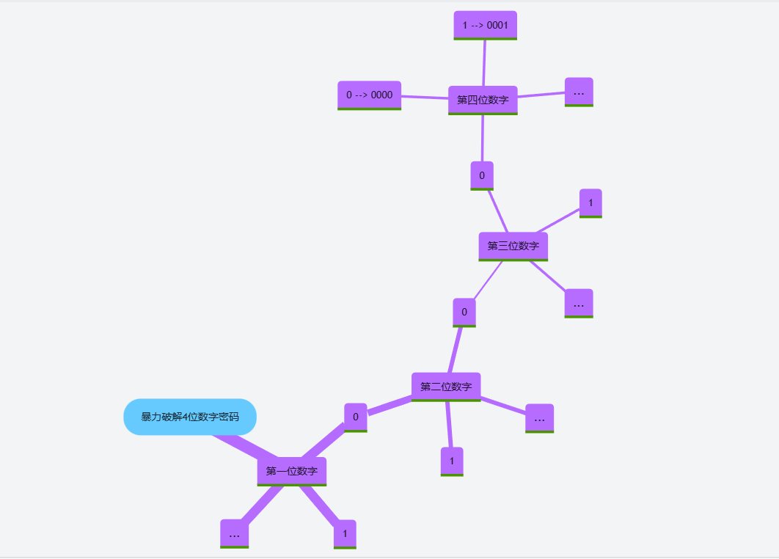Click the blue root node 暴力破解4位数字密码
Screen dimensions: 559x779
tap(190, 417)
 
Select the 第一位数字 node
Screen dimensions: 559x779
tap(291, 471)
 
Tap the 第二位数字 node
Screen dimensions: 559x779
tap(446, 387)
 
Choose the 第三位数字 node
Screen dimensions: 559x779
tap(513, 246)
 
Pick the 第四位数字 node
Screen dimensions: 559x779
tap(483, 100)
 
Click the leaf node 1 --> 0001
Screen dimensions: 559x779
tap(486, 25)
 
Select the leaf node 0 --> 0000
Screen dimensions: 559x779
tap(369, 95)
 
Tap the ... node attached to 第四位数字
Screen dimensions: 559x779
tap(579, 92)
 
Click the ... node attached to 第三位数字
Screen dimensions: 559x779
tap(579, 303)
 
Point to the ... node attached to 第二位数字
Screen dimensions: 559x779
tap(539, 418)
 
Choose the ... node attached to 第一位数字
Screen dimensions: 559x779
tap(235, 533)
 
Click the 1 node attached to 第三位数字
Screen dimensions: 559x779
tap(590, 202)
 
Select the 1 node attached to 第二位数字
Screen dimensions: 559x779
tap(452, 461)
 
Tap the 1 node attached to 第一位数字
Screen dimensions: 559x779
tap(345, 533)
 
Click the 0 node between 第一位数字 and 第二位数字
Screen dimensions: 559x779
tap(356, 417)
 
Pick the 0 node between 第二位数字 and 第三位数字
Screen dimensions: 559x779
tap(464, 312)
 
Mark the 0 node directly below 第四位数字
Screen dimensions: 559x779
tap(482, 175)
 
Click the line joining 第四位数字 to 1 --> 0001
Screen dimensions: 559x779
tap(484, 63)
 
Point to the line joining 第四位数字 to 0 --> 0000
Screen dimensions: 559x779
tap(425, 98)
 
